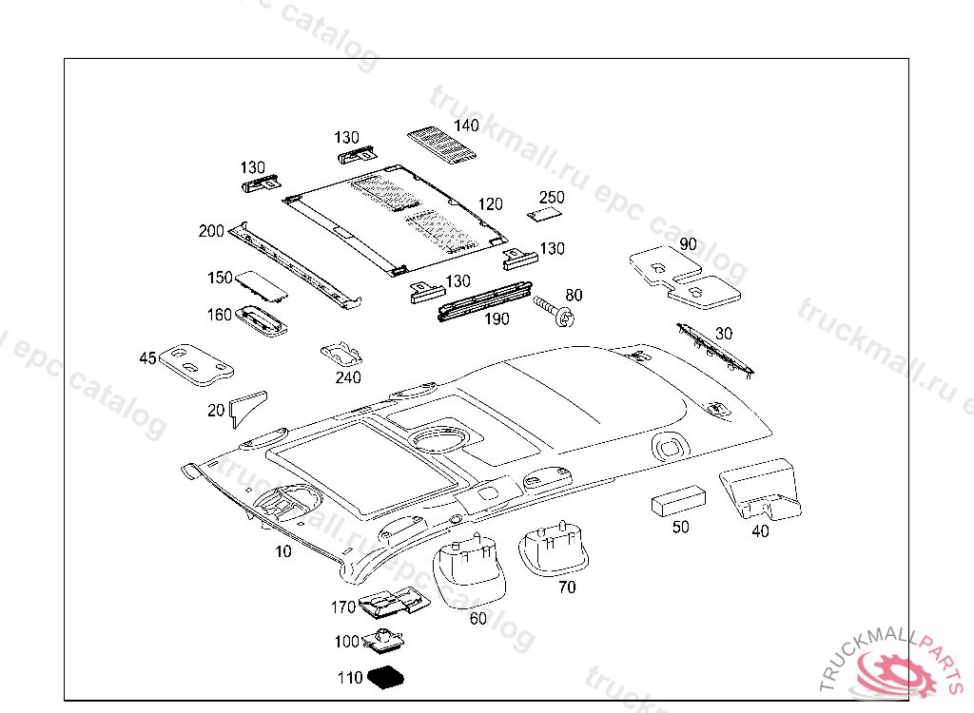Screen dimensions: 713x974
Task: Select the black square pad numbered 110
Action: (387, 678)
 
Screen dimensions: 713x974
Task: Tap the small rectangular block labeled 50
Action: (677, 501)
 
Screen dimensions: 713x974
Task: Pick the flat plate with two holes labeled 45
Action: (194, 363)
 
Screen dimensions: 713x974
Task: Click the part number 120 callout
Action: (490, 204)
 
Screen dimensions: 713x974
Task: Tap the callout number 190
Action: (497, 319)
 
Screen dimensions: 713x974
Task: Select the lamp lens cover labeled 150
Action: (261, 284)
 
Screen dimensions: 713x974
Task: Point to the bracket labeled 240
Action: (341, 354)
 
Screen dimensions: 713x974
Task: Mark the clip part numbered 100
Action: (383, 641)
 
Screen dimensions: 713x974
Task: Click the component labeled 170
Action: (394, 604)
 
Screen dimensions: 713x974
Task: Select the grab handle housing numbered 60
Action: (469, 570)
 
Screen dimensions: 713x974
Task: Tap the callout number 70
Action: (567, 588)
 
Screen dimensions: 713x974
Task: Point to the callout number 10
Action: (283, 551)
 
